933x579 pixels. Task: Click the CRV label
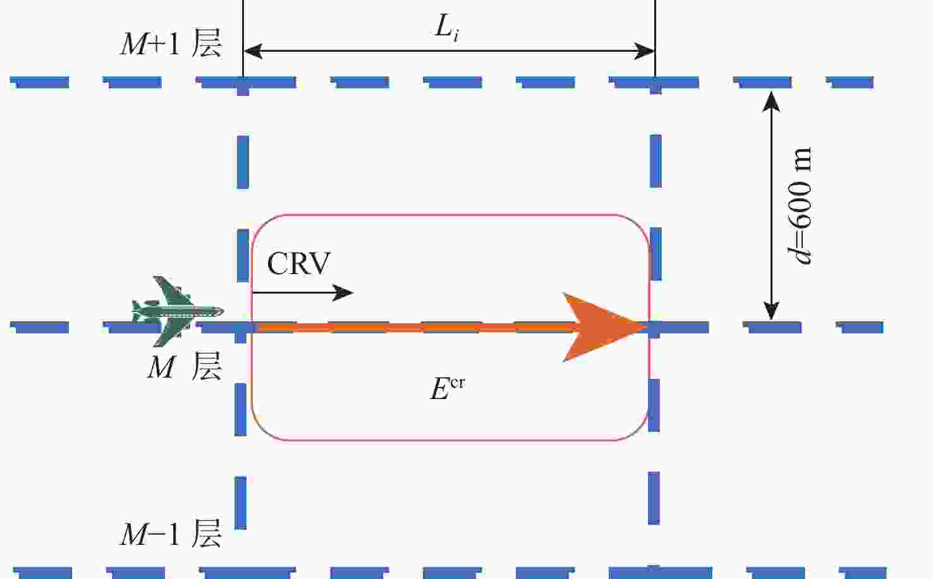(x=298, y=263)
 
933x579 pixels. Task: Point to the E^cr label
(x=446, y=387)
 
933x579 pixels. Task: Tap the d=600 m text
(x=800, y=206)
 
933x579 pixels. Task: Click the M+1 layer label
(x=171, y=44)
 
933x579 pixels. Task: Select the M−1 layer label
(x=171, y=534)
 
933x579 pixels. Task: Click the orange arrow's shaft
(x=411, y=327)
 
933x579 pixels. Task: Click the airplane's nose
(x=221, y=311)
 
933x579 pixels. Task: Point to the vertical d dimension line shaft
(x=771, y=206)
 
